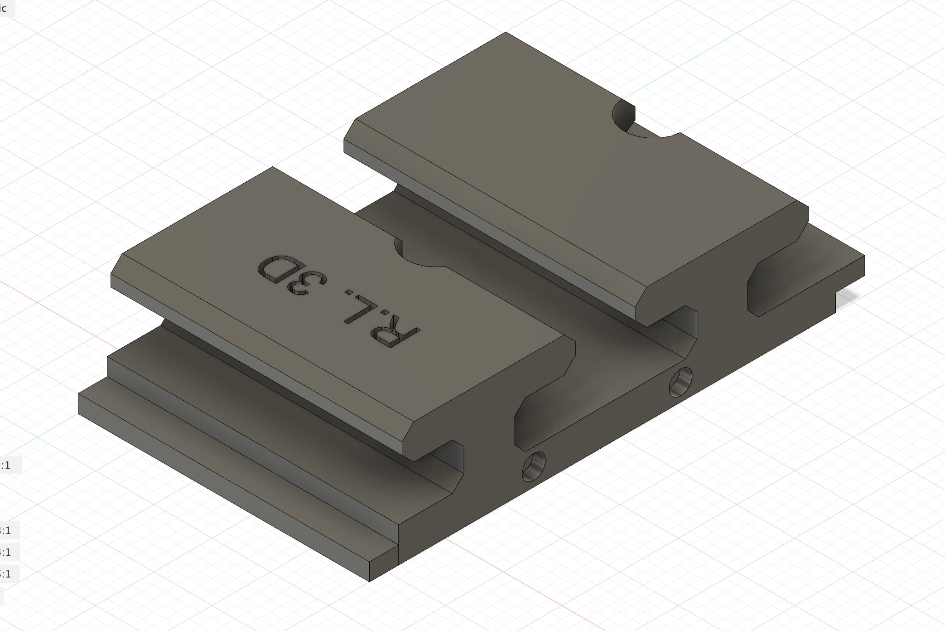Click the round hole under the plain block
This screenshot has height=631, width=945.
pos(680,382)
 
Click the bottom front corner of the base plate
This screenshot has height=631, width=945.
pos(370,581)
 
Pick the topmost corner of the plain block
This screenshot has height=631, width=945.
pos(506,32)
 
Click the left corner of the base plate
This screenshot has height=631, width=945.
pos(79,394)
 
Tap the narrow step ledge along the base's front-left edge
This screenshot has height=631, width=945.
pos(227,481)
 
